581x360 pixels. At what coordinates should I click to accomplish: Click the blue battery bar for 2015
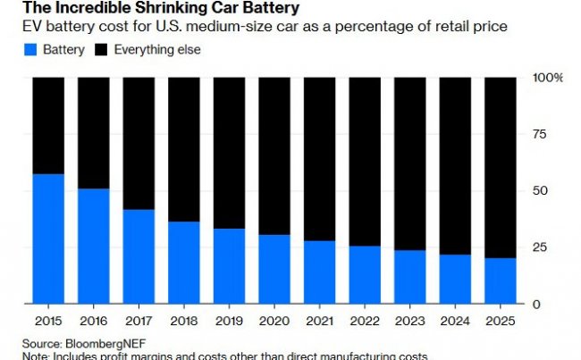coord(48,239)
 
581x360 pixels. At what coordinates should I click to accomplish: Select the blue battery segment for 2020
coord(274,269)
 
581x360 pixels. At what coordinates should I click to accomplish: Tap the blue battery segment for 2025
coord(501,280)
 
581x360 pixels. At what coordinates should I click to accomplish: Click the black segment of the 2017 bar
coord(139,143)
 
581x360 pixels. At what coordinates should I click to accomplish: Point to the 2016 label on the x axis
coord(93,319)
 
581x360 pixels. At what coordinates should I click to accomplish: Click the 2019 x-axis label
coord(229,319)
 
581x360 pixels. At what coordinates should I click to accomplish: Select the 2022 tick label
coord(365,319)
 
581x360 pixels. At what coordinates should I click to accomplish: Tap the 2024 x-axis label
coord(456,319)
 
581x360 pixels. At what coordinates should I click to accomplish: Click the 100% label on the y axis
coord(546,78)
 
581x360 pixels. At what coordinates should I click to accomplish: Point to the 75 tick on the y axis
coord(539,135)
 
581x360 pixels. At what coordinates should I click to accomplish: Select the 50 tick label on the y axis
coord(539,191)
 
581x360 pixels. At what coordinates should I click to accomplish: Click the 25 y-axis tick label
coord(539,247)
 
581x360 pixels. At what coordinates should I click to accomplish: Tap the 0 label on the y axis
coord(535,304)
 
